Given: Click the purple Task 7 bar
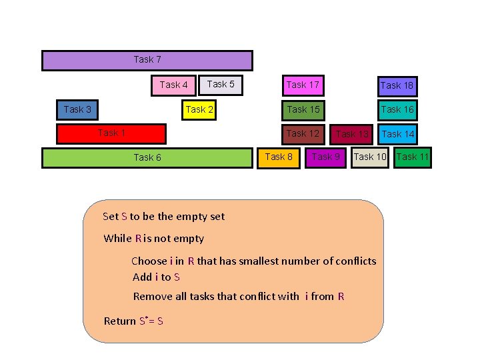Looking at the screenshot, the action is (147, 60).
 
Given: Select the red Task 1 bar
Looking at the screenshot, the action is (111, 133).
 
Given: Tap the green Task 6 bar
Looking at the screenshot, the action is (147, 157).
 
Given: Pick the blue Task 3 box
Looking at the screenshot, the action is (77, 109).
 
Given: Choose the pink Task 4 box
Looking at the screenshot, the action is (174, 85).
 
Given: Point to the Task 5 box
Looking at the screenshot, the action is (221, 85).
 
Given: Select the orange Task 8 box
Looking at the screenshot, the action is (279, 157).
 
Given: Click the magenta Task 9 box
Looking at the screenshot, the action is (326, 157).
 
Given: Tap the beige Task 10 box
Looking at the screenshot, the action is (369, 157).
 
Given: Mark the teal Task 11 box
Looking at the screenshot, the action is (413, 157).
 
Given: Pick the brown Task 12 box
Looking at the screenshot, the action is (303, 133).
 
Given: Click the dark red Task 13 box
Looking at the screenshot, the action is (352, 134).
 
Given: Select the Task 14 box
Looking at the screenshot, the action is (398, 134).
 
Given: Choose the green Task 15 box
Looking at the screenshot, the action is (303, 109).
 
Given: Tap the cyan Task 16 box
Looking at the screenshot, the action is (397, 109).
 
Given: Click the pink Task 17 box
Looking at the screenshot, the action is (303, 85).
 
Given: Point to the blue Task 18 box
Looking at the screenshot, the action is (397, 85).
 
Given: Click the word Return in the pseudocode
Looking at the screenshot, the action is (120, 321).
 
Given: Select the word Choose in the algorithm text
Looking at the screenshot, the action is (149, 261).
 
